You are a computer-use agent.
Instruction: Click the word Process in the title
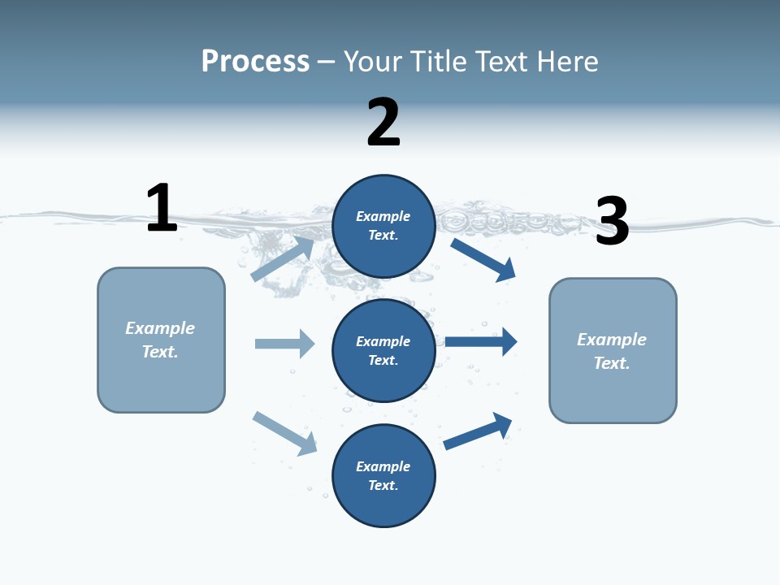[x=255, y=62]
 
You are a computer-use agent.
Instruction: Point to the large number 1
[x=162, y=208]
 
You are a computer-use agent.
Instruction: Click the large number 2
[x=383, y=122]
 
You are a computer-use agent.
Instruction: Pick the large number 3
[x=613, y=221]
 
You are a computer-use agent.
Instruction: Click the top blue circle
[x=383, y=226]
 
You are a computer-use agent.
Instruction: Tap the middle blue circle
[x=383, y=350]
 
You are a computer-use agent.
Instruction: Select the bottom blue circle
[x=383, y=475]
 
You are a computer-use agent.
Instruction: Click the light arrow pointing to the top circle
[x=283, y=258]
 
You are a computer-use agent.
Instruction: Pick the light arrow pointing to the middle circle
[x=284, y=344]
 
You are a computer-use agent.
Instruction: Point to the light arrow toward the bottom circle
[x=284, y=433]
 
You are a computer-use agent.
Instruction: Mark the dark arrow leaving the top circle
[x=483, y=259]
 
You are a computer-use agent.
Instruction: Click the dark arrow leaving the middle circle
[x=481, y=341]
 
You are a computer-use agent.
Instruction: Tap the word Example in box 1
[x=160, y=328]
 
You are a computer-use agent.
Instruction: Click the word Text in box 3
[x=611, y=363]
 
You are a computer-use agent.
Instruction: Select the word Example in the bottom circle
[x=383, y=466]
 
